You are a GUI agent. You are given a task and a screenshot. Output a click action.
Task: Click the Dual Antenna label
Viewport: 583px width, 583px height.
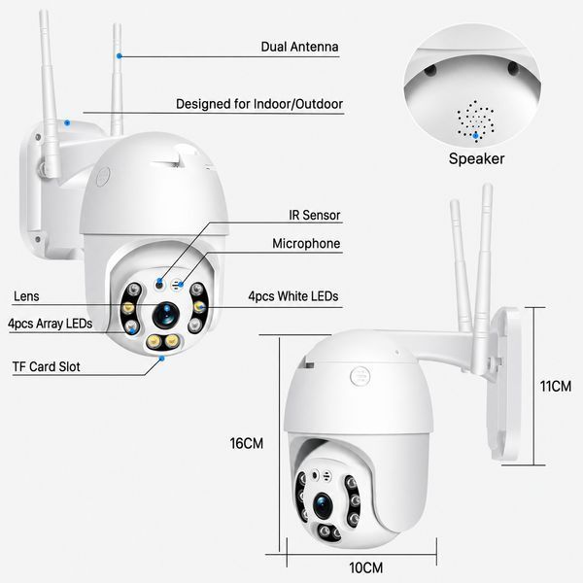[299, 47]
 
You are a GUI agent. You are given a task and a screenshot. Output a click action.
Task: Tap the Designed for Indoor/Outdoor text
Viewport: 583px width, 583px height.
[259, 104]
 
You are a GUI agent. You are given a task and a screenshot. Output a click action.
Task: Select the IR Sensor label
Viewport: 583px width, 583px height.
[315, 215]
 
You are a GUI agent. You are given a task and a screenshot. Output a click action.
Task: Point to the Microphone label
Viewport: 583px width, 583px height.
[306, 244]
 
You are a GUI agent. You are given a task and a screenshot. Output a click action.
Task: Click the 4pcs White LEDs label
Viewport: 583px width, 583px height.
[293, 296]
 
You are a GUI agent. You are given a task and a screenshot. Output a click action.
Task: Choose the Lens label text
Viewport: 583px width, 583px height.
[26, 296]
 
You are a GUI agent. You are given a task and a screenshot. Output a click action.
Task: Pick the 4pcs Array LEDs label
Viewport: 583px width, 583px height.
[51, 324]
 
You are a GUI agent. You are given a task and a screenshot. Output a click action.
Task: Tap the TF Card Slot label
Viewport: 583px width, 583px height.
[46, 366]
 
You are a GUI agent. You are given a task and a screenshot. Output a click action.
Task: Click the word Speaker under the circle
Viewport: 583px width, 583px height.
[476, 158]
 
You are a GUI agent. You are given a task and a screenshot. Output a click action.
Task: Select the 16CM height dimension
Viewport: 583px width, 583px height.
[247, 443]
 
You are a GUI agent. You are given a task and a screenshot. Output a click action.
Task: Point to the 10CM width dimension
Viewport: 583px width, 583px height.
[366, 567]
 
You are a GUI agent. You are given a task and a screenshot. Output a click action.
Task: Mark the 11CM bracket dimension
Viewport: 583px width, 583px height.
[556, 387]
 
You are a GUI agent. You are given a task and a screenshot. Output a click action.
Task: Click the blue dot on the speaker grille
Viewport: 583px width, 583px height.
[475, 136]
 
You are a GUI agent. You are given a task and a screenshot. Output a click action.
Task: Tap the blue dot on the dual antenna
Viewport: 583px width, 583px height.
[119, 56]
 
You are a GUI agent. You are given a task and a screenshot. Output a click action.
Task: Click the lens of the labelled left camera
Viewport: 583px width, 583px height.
[165, 315]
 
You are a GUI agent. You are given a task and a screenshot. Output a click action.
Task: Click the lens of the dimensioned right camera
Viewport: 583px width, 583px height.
[323, 505]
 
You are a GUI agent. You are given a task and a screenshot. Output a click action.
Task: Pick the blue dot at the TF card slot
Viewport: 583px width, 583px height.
[161, 359]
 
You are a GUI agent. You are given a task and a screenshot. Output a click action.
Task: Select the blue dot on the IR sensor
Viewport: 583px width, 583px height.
[159, 281]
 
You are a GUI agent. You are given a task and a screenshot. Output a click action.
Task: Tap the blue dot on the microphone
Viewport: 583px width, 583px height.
[181, 285]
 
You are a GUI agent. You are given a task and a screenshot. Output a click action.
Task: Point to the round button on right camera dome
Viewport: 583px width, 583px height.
[360, 376]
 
